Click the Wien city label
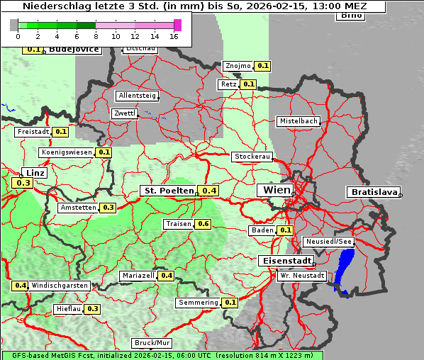pyautogui.click(x=277, y=190)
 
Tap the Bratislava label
pyautogui.click(x=373, y=192)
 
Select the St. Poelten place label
pyautogui.click(x=169, y=191)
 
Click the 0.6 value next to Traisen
pyautogui.click(x=203, y=224)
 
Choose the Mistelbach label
pyautogui.click(x=299, y=121)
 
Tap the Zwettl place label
pyautogui.click(x=124, y=113)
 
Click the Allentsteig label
pyautogui.click(x=137, y=96)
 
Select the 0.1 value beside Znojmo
pyautogui.click(x=263, y=66)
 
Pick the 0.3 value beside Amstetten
pyautogui.click(x=108, y=208)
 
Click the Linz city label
pyautogui.click(x=34, y=173)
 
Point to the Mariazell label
pyautogui.click(x=138, y=276)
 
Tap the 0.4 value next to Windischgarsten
pyautogui.click(x=21, y=286)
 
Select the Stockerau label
pyautogui.click(x=252, y=157)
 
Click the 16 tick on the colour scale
pyautogui.click(x=174, y=36)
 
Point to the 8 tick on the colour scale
pyautogui.click(x=96, y=36)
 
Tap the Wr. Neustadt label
pyautogui.click(x=302, y=276)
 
